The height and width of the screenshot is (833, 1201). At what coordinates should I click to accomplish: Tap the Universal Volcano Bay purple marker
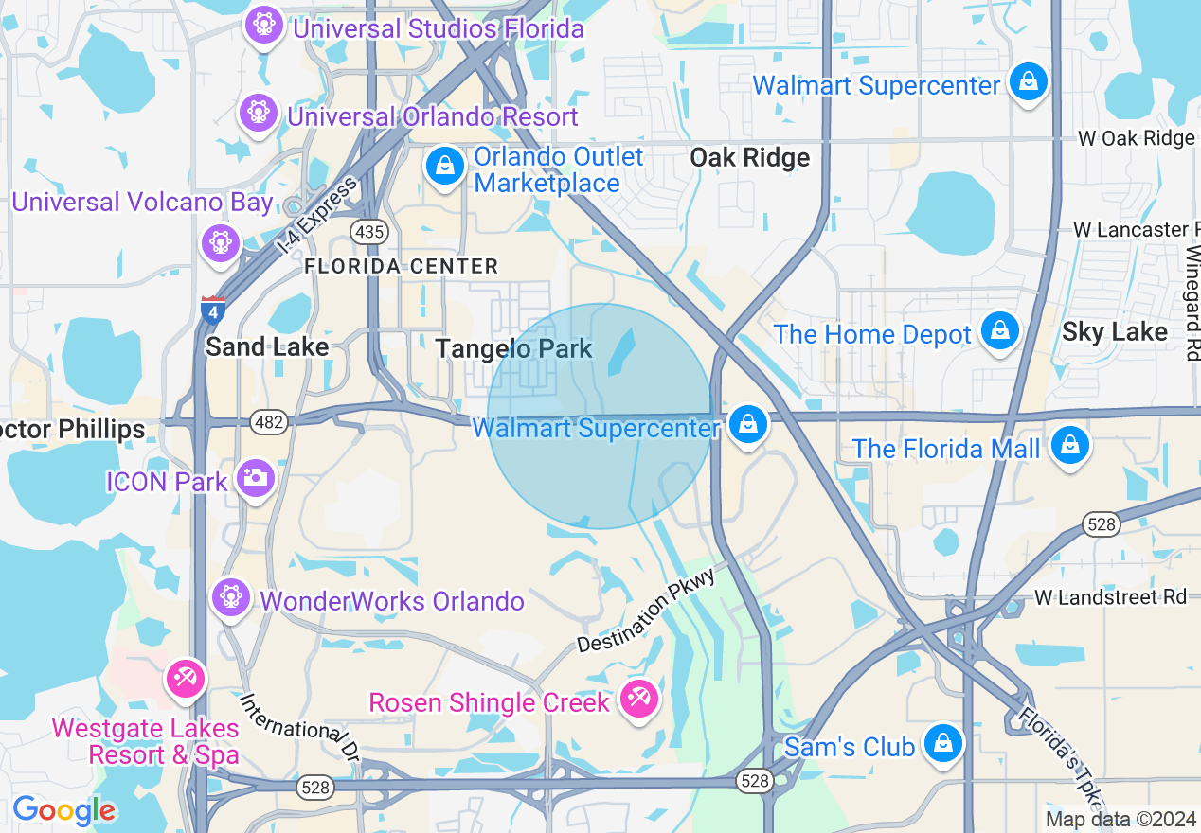(x=221, y=241)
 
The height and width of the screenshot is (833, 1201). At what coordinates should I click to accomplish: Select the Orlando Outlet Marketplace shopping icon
(x=443, y=168)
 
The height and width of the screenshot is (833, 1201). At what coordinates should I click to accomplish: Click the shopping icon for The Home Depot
(x=999, y=331)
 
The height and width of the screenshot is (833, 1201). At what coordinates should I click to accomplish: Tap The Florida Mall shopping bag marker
(x=1070, y=445)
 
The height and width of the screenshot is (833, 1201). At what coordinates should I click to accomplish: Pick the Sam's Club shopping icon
(x=943, y=743)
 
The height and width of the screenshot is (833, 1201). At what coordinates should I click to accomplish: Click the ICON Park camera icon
(x=255, y=478)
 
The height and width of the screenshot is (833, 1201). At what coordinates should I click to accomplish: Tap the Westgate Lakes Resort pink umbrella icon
(x=185, y=679)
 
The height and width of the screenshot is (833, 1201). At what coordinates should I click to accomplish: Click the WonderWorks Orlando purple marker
(x=230, y=597)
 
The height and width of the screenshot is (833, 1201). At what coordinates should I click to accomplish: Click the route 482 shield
(x=270, y=422)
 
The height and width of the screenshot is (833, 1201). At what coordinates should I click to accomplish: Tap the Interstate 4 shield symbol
(x=213, y=310)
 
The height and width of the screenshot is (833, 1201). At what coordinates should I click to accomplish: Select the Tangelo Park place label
(x=513, y=349)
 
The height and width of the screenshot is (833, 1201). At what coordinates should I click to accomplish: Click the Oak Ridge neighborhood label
(x=749, y=157)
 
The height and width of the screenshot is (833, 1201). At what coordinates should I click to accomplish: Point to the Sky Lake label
(x=1114, y=332)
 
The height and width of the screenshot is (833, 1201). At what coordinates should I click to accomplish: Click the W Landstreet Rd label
(x=1109, y=597)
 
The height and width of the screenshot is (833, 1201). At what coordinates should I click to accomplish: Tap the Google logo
(x=63, y=810)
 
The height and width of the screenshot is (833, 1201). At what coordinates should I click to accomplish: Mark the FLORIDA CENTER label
(x=401, y=267)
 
